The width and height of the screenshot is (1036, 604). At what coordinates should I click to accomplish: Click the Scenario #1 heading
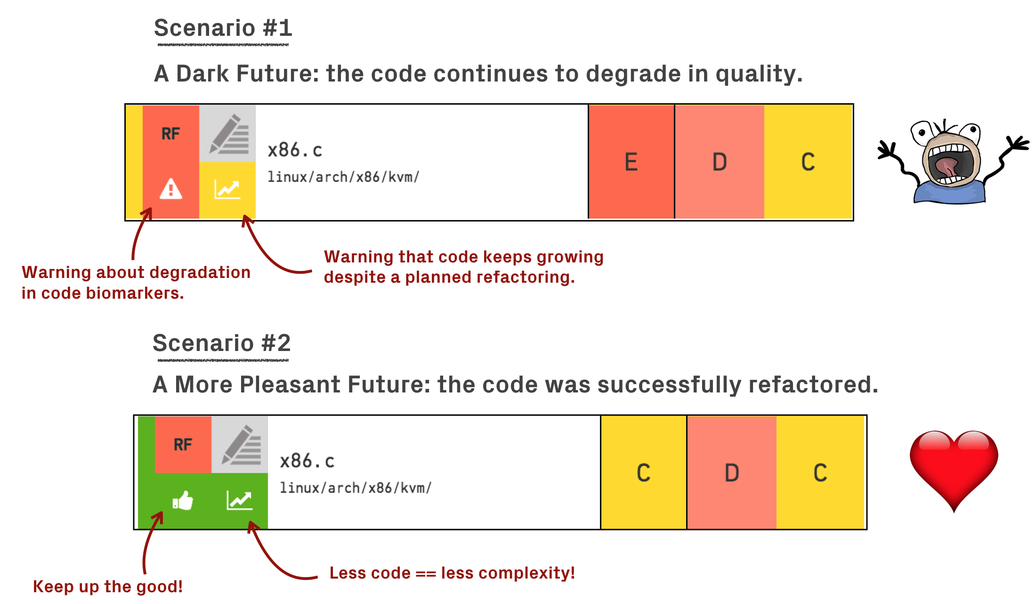click(x=223, y=28)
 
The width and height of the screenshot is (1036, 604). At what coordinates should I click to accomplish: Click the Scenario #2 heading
click(x=221, y=343)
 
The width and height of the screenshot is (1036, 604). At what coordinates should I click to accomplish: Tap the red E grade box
click(x=631, y=162)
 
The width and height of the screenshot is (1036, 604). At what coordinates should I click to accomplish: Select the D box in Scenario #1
click(x=719, y=162)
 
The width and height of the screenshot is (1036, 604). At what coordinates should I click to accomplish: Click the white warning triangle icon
click(x=170, y=189)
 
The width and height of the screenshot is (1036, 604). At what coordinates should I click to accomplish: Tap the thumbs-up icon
click(x=183, y=500)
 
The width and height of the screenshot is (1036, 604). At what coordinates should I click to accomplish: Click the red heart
click(x=954, y=466)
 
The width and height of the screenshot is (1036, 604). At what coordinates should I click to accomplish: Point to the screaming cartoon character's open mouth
click(x=947, y=165)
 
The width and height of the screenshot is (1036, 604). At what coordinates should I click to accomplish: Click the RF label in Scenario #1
click(x=170, y=134)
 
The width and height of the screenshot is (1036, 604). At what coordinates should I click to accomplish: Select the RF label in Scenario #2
click(x=183, y=444)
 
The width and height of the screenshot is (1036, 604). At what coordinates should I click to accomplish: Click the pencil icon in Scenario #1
click(x=228, y=134)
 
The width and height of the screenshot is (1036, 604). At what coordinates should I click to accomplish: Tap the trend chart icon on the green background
click(x=239, y=500)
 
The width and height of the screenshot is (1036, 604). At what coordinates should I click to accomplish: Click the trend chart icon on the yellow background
click(x=227, y=189)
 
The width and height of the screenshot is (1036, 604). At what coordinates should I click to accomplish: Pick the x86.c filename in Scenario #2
click(x=307, y=461)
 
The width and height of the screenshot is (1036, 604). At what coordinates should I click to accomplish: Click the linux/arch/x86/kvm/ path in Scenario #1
click(x=343, y=177)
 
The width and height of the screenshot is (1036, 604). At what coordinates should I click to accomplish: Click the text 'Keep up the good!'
click(x=107, y=587)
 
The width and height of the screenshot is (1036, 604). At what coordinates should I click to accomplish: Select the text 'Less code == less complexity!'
click(x=452, y=573)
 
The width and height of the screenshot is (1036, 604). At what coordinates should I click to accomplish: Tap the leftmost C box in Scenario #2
click(x=643, y=473)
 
